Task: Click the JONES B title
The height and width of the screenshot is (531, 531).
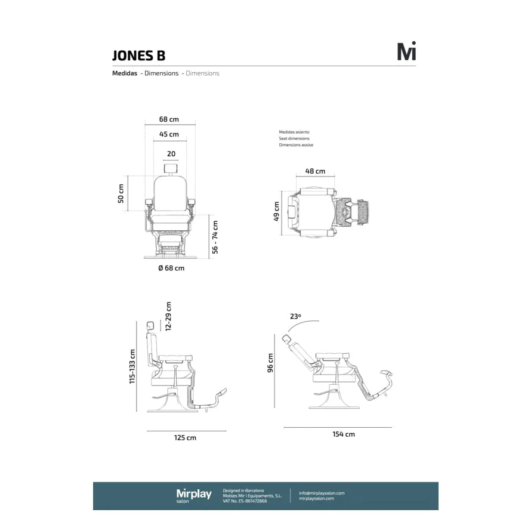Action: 138,55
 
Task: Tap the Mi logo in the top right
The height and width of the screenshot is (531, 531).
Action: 406,52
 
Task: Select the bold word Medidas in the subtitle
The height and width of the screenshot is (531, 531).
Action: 125,73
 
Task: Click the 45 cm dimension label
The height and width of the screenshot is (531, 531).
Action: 169,134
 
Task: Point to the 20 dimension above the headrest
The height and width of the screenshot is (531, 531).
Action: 171,154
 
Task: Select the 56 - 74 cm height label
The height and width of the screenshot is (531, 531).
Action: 215,237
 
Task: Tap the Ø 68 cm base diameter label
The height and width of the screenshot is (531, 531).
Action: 171,268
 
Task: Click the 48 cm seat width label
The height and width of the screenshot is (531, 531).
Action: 315,171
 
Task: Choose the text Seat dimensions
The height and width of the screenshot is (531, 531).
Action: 294,138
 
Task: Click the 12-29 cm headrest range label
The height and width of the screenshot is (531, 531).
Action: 168,316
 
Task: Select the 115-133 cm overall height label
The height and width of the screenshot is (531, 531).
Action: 132,367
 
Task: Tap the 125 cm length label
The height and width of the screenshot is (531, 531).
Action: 185,438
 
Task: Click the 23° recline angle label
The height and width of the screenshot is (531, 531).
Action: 296,317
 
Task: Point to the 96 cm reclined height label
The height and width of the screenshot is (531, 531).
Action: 270,362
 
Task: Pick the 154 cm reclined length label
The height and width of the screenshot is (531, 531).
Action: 344,434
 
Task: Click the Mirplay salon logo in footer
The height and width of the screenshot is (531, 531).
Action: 193,495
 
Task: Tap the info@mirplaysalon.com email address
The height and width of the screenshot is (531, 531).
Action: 322,493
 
